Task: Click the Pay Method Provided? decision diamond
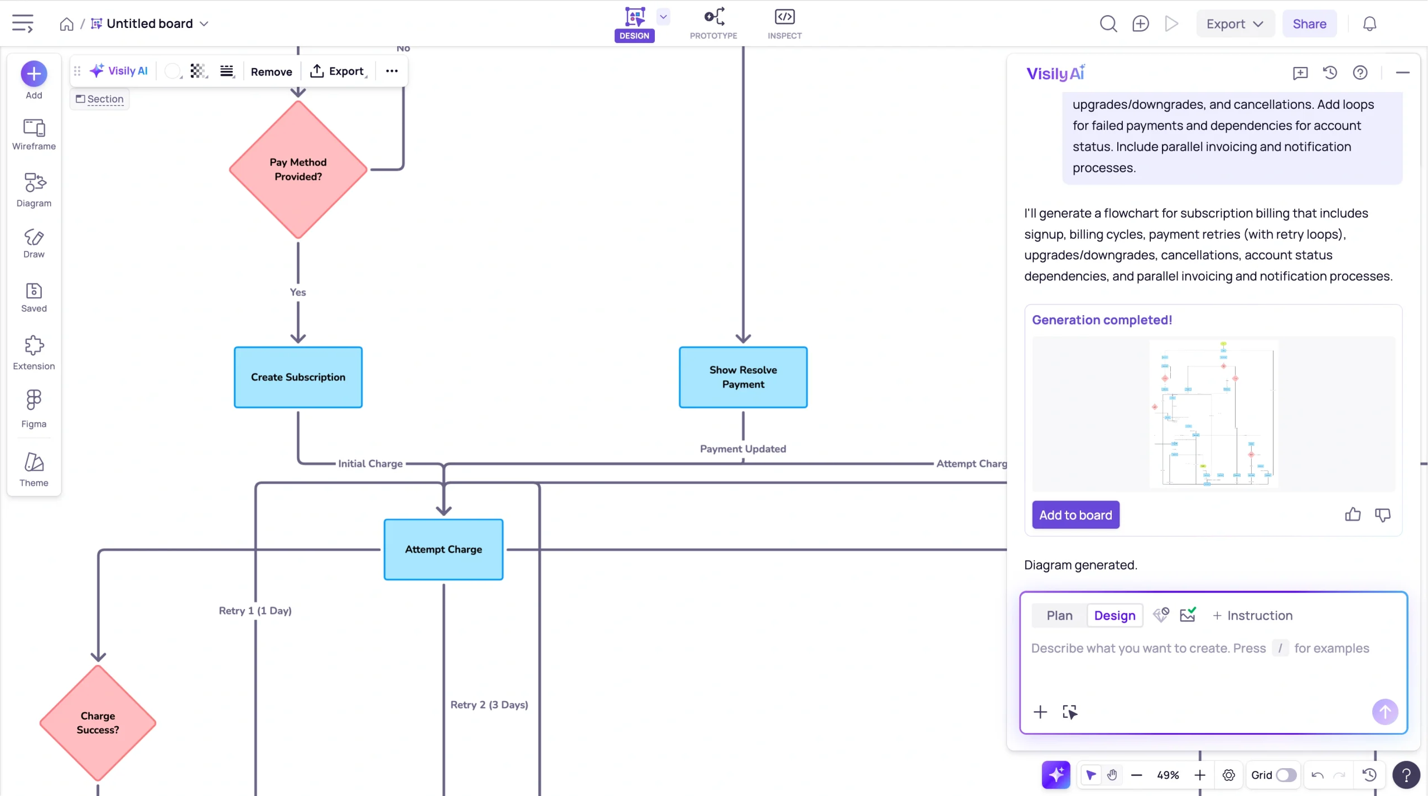pyautogui.click(x=298, y=170)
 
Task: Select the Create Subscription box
pyautogui.click(x=298, y=377)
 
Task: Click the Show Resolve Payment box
pyautogui.click(x=742, y=377)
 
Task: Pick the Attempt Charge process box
pyautogui.click(x=443, y=549)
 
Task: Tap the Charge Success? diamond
pyautogui.click(x=98, y=722)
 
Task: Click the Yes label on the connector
pyautogui.click(x=298, y=292)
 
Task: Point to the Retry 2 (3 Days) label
pyautogui.click(x=489, y=705)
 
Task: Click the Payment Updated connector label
pyautogui.click(x=742, y=449)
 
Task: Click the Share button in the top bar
pyautogui.click(x=1309, y=24)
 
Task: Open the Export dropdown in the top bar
pyautogui.click(x=1234, y=24)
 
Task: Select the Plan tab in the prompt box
pyautogui.click(x=1059, y=615)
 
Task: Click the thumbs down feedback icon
pyautogui.click(x=1382, y=514)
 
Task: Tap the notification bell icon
pyautogui.click(x=1369, y=24)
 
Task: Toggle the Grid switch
pyautogui.click(x=1286, y=775)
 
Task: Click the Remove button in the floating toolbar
pyautogui.click(x=271, y=71)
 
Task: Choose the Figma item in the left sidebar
pyautogui.click(x=33, y=408)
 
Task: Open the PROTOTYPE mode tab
pyautogui.click(x=713, y=23)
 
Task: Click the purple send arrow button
pyautogui.click(x=1384, y=712)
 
